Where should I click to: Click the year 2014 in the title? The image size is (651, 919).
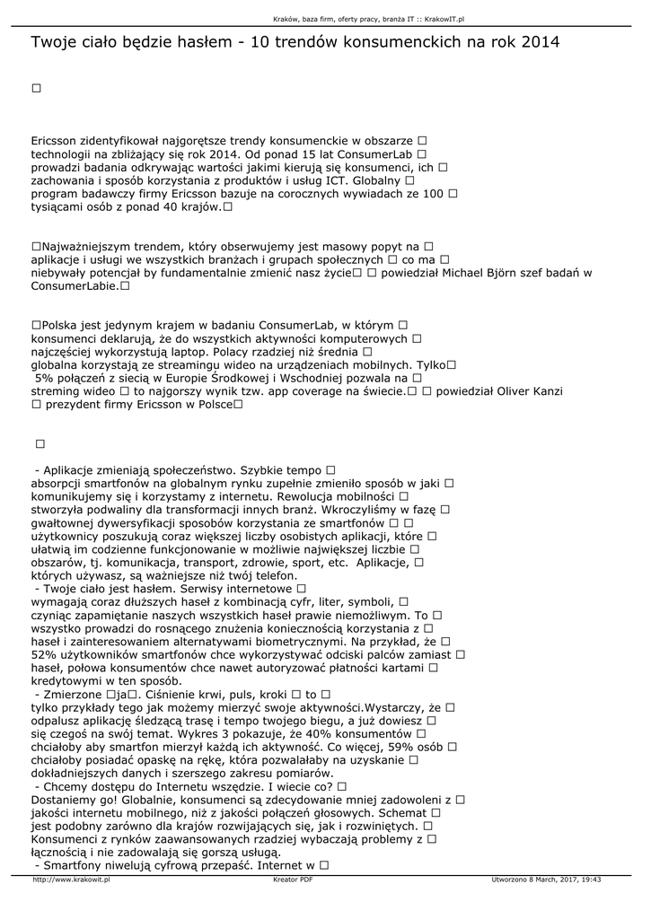pyautogui.click(x=541, y=42)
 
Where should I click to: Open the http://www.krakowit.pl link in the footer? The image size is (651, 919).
pyautogui.click(x=71, y=880)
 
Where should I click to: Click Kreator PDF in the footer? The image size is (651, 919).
pyautogui.click(x=293, y=880)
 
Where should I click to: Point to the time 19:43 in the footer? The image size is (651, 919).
pyautogui.click(x=592, y=880)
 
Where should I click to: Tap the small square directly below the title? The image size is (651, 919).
pyautogui.click(x=36, y=88)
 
